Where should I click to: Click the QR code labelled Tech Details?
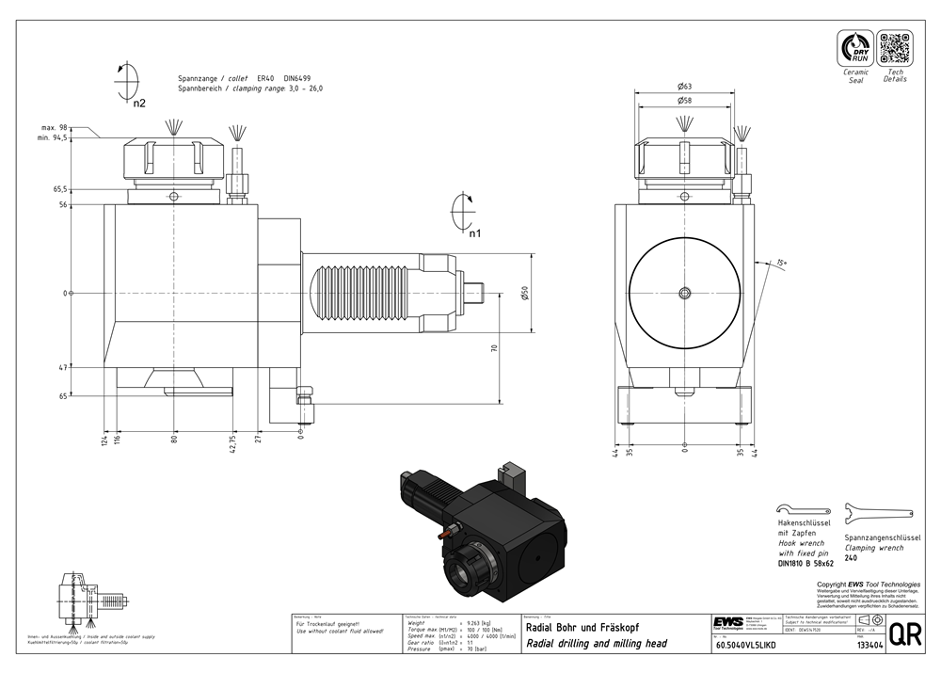[x=895, y=47]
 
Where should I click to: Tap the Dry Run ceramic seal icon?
[x=855, y=47]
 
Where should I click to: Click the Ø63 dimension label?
[x=685, y=87]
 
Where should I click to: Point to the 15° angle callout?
[x=781, y=263]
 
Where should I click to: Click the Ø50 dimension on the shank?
[x=525, y=294]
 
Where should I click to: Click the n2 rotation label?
[x=139, y=103]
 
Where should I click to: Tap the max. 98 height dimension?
[x=57, y=127]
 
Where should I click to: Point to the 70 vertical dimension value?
[x=494, y=348]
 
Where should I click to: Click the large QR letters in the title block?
[x=905, y=634]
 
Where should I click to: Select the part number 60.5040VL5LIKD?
[x=746, y=646]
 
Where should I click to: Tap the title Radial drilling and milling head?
[x=597, y=644]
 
